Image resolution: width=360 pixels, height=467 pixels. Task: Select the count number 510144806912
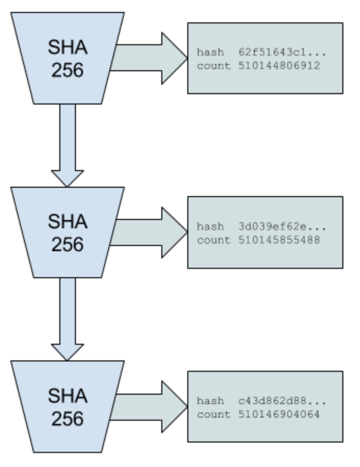pyautogui.click(x=279, y=66)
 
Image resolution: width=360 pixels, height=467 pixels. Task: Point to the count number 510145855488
pyautogui.click(x=279, y=240)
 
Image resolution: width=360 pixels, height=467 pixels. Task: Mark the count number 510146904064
pyautogui.click(x=279, y=414)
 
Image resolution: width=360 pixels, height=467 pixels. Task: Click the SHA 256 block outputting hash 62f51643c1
pyautogui.click(x=68, y=58)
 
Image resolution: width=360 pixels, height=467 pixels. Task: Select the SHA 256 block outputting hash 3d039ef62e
pyautogui.click(x=68, y=232)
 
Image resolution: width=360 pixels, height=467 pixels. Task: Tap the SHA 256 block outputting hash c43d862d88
pyautogui.click(x=68, y=407)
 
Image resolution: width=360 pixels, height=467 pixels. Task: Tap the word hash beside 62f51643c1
pyautogui.click(x=210, y=53)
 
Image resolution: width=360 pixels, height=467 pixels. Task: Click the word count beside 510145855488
pyautogui.click(x=213, y=240)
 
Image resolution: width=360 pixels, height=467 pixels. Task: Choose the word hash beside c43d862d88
pyautogui.click(x=210, y=401)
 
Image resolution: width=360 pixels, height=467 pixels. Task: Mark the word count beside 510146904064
pyautogui.click(x=213, y=414)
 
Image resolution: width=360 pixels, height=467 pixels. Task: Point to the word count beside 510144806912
pyautogui.click(x=213, y=66)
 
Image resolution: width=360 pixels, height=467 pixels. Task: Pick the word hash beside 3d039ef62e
pyautogui.click(x=210, y=227)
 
